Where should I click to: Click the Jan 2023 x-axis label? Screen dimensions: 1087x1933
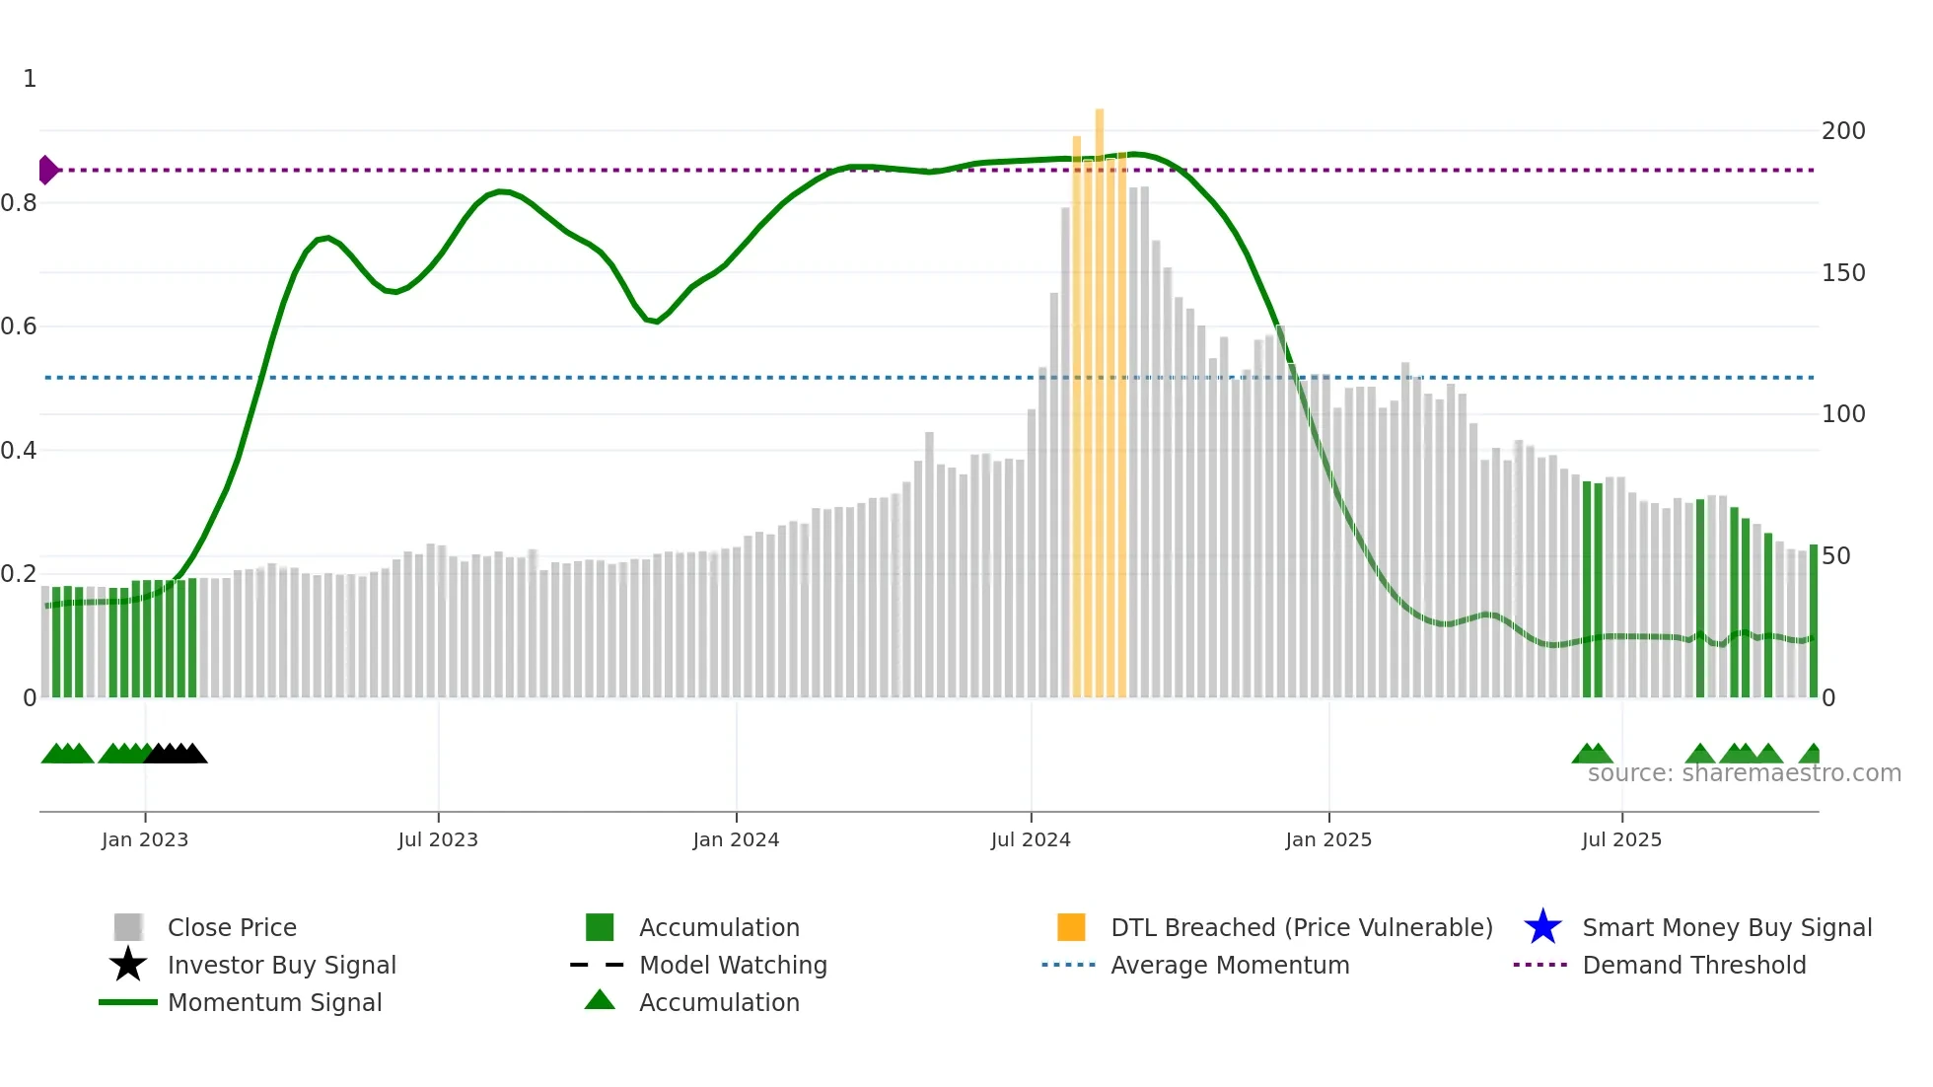tap(145, 839)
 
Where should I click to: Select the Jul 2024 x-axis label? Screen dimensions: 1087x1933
tap(1031, 839)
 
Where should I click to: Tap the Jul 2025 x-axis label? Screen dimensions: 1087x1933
tap(1621, 839)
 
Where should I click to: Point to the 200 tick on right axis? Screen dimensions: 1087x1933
tap(1842, 131)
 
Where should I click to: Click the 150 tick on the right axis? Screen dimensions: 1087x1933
tap(1842, 273)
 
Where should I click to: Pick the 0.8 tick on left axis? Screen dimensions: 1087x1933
tap(19, 203)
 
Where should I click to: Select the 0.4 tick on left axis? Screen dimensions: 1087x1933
tap(19, 451)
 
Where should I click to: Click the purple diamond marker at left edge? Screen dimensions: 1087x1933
tap(47, 170)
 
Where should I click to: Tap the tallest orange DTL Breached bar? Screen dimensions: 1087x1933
tap(1100, 395)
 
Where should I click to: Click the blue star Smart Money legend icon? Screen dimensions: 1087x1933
tap(1542, 927)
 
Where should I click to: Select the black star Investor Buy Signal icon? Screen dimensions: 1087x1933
tap(128, 965)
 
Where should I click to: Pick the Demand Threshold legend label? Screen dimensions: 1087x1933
tap(1693, 965)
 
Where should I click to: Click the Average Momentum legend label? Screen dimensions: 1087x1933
tap(1229, 965)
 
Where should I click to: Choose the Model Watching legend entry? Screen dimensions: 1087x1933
tap(732, 965)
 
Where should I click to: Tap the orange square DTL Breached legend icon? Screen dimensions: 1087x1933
tap(1071, 927)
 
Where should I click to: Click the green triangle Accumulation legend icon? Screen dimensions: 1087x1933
tap(600, 1001)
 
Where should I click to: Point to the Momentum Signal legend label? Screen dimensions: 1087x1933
tap(274, 1002)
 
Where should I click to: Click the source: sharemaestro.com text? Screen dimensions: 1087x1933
tap(1744, 773)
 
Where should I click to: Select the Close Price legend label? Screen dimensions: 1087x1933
tap(232, 927)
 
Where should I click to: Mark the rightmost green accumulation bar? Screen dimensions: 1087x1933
tap(1813, 621)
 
